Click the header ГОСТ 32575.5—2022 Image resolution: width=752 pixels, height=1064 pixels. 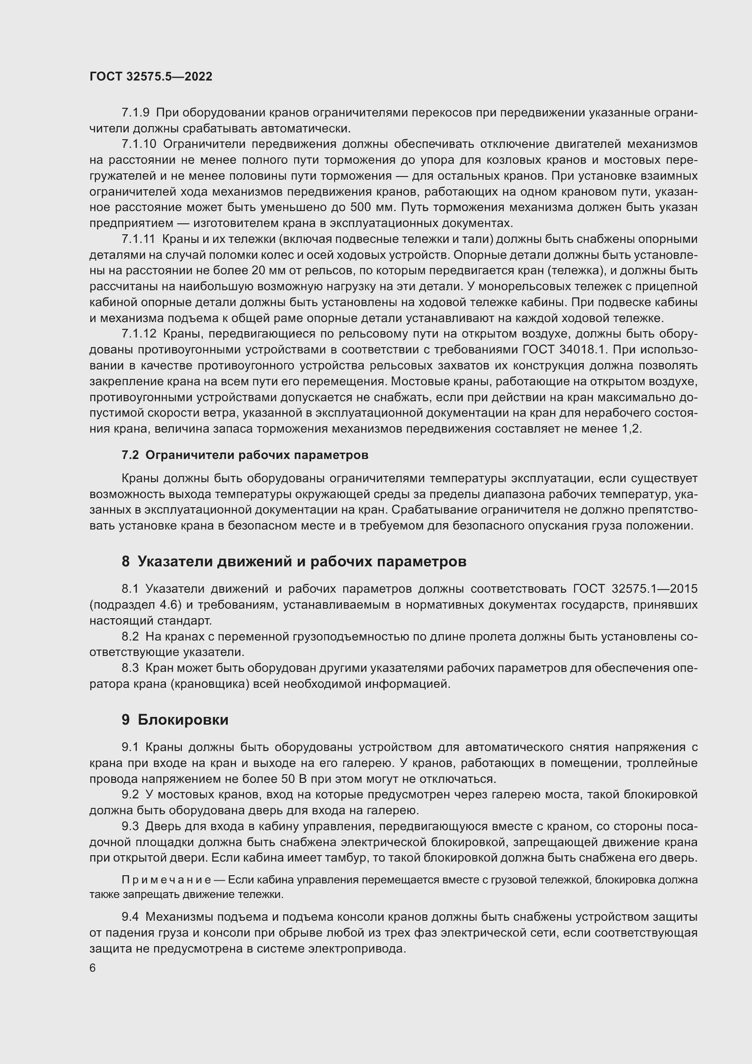pos(151,76)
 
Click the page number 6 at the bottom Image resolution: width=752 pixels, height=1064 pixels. pos(93,968)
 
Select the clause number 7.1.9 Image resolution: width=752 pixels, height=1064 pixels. pos(135,113)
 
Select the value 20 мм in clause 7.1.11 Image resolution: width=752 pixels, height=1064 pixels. pos(267,271)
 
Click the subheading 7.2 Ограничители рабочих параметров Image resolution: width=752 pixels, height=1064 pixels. pos(245,455)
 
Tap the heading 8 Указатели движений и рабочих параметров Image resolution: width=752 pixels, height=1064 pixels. pos(294,561)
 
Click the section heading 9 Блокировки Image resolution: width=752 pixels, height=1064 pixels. pos(175,719)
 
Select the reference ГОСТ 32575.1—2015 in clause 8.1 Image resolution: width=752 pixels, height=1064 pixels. pos(635,589)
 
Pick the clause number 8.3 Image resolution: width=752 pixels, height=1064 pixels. pos(130,668)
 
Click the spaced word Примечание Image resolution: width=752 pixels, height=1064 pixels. pos(167,880)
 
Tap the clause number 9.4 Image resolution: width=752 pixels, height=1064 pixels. pos(130,917)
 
